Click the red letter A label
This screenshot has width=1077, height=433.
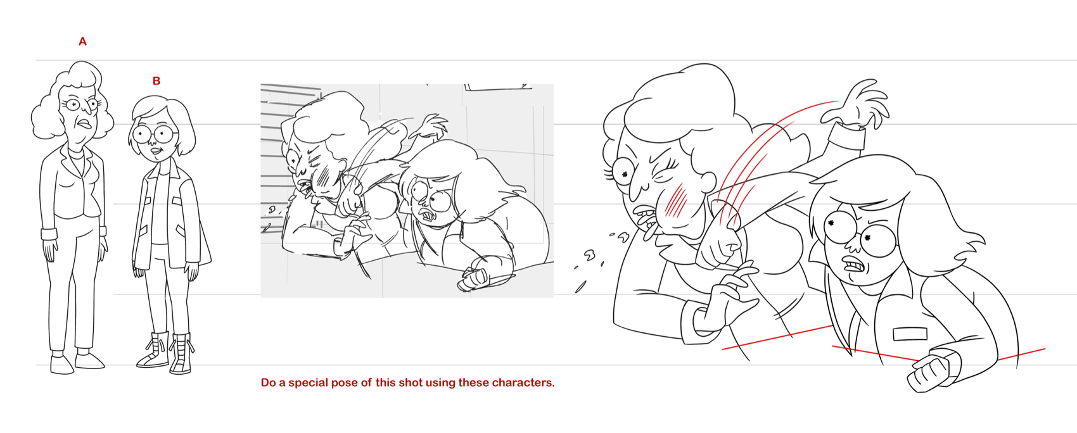tap(83, 42)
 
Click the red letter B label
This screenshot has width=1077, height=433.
tap(156, 81)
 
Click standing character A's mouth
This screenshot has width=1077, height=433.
tap(86, 125)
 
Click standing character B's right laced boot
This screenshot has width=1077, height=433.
tap(181, 354)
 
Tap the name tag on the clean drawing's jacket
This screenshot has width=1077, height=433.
tap(910, 334)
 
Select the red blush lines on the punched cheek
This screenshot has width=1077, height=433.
tap(675, 202)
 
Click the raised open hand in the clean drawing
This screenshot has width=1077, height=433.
tap(856, 103)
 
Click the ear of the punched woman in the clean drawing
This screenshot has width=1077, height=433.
tap(705, 182)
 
